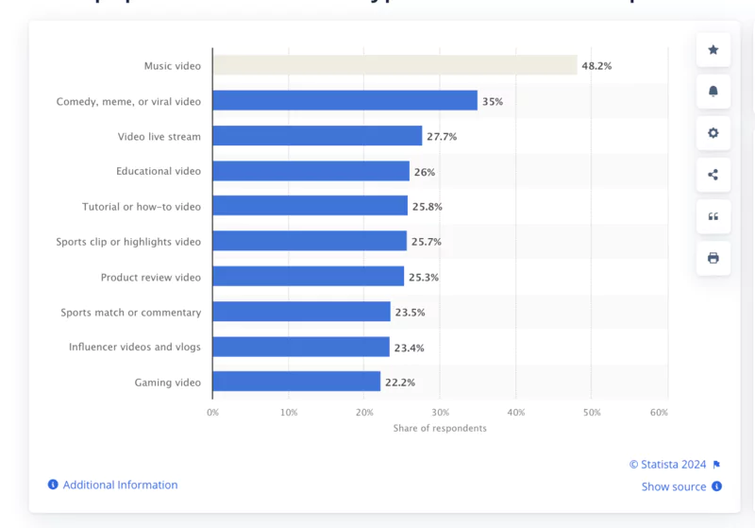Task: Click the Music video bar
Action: click(394, 65)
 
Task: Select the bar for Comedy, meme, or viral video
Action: click(344, 101)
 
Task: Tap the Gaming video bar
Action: click(296, 382)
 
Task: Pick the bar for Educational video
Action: click(310, 171)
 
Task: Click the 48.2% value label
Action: click(596, 66)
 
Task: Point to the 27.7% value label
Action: click(442, 136)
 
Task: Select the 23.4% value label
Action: click(409, 348)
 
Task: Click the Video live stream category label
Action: click(159, 136)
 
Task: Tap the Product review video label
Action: click(150, 277)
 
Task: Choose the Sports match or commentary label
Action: click(130, 312)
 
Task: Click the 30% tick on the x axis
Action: click(440, 413)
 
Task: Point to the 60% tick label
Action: click(660, 413)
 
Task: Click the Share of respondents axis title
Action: click(440, 428)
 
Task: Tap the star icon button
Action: click(713, 50)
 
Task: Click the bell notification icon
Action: click(713, 91)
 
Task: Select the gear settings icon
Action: click(713, 133)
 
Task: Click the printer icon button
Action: click(713, 258)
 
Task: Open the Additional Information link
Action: click(120, 485)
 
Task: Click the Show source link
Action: click(674, 486)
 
